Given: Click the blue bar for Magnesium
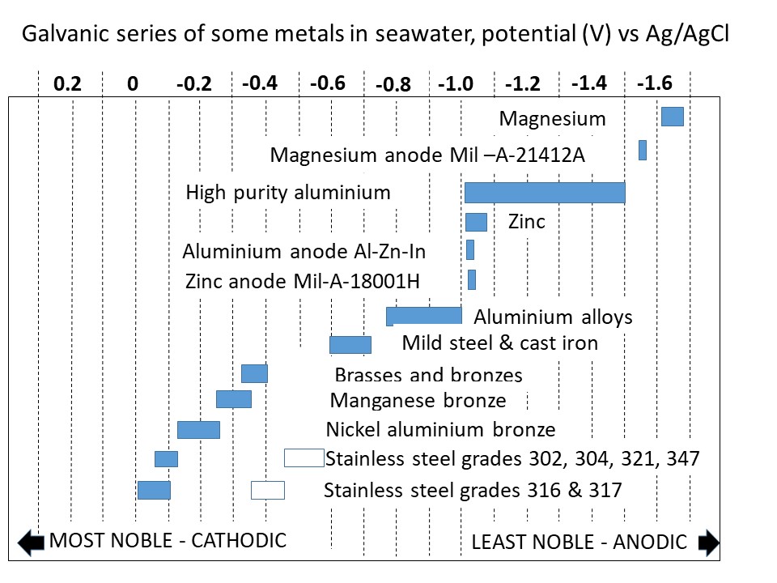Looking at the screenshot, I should point(673,117).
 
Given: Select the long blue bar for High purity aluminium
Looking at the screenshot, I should point(545,193).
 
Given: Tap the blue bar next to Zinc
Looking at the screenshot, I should point(476,222).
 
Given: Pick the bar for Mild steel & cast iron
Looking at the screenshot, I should point(350,344).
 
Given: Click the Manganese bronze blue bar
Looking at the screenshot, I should point(234,399).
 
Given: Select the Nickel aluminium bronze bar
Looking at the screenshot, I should point(198,430).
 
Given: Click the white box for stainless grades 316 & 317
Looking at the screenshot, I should point(268,490).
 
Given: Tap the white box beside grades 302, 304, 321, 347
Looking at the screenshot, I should point(304,458).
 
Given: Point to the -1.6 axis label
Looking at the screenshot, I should point(654,83).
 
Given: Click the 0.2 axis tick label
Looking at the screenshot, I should point(68,84).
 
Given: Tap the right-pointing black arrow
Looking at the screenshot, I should point(707,543).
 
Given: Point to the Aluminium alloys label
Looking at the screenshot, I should point(553,317).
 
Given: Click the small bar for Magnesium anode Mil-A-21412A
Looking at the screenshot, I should point(643,150).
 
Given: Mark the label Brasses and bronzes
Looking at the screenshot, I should point(428,375).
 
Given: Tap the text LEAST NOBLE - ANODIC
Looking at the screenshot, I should point(579,542).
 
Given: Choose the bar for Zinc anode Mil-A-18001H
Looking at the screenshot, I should point(472,279).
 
